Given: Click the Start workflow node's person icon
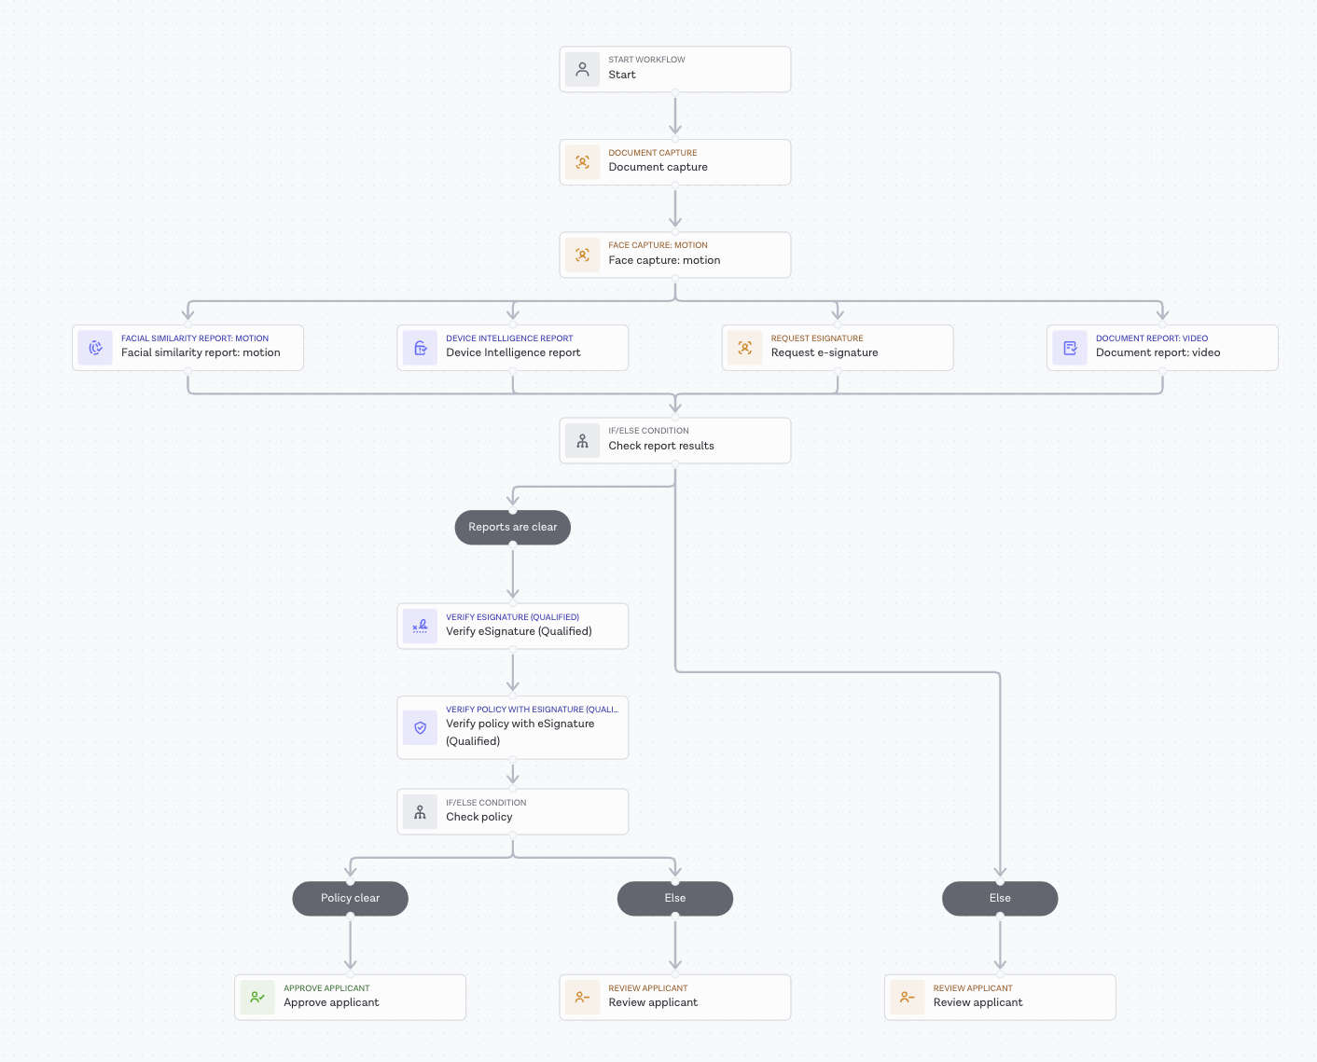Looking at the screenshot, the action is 582,69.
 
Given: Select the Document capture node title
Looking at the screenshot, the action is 658,167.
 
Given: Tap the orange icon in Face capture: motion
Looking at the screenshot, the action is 582,255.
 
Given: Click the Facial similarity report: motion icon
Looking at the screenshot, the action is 95,348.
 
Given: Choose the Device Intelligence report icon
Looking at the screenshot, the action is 420,348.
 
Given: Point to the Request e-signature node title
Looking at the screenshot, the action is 825,352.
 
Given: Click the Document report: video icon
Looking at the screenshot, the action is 1070,348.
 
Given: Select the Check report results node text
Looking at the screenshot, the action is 661,446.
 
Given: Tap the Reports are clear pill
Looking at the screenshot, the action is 513,527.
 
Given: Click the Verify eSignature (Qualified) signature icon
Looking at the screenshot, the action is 420,626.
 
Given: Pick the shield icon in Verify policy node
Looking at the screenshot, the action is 420,727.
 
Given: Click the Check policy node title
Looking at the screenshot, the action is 479,817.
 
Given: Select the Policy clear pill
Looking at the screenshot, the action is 350,898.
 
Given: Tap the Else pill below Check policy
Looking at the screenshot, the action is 675,898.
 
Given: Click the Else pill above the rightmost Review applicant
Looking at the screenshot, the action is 1000,898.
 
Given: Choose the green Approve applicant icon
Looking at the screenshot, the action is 257,997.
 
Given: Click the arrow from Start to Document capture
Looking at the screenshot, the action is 675,115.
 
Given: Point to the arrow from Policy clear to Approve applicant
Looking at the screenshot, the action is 350,944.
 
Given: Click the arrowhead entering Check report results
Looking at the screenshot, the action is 675,405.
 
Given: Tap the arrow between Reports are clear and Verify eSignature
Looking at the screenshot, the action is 513,572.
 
